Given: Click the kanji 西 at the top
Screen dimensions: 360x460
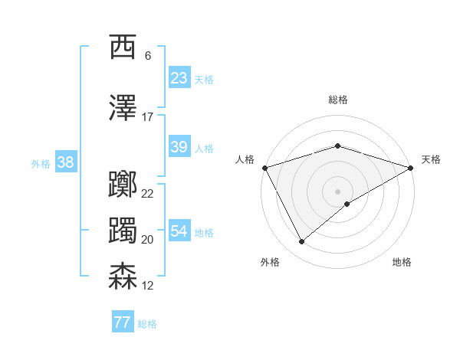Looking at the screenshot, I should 123,47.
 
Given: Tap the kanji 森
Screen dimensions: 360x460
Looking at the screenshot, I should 123,277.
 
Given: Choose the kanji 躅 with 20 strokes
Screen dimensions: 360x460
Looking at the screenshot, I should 123,231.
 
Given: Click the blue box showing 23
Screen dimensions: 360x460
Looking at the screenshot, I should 179,78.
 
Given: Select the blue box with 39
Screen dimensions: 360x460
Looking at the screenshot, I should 179,147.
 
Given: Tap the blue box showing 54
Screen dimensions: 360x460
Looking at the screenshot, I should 179,231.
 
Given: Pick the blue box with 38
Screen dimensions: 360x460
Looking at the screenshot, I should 65,162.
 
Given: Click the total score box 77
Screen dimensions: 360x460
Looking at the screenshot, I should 123,322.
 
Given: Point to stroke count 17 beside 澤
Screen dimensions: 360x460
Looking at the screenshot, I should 148,117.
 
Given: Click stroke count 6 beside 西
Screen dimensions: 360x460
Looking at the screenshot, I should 148,56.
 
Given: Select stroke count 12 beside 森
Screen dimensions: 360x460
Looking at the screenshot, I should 148,286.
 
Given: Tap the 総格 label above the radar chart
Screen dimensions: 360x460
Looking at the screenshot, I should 337,100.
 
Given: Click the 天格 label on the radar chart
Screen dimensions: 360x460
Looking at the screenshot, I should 431,159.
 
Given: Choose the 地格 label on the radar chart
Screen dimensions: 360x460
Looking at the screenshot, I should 402,262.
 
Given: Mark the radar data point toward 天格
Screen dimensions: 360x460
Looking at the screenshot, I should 411,167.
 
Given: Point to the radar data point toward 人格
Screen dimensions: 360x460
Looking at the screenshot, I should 264,168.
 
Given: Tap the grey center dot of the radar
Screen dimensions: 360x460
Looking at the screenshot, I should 337,191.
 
